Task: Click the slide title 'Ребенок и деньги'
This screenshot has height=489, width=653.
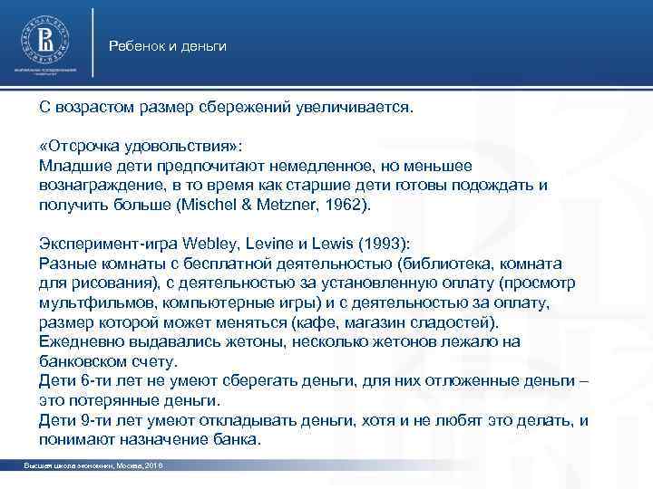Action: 167,45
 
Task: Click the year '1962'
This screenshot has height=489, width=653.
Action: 345,205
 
